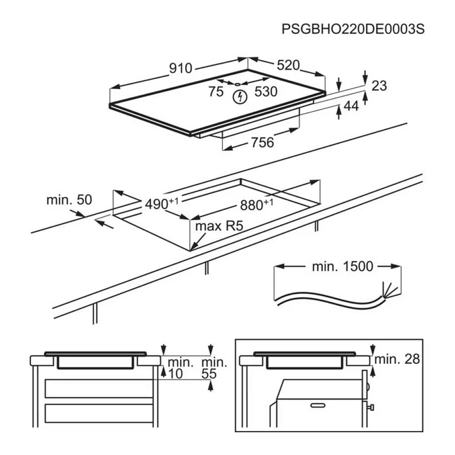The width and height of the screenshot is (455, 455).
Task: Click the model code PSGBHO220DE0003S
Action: [353, 29]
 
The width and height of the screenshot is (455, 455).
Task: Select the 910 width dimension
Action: [180, 69]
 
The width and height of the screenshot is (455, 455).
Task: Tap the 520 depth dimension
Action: [288, 66]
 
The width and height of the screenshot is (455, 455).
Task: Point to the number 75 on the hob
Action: [216, 91]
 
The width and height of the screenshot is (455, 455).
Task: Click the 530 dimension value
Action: [266, 91]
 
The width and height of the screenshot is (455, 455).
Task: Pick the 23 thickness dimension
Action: [379, 85]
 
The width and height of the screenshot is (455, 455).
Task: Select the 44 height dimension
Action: [351, 106]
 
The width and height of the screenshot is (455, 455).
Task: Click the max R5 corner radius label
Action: [215, 226]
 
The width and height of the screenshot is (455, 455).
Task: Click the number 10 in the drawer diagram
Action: [175, 374]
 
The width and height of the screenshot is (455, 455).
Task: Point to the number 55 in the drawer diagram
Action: [209, 374]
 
